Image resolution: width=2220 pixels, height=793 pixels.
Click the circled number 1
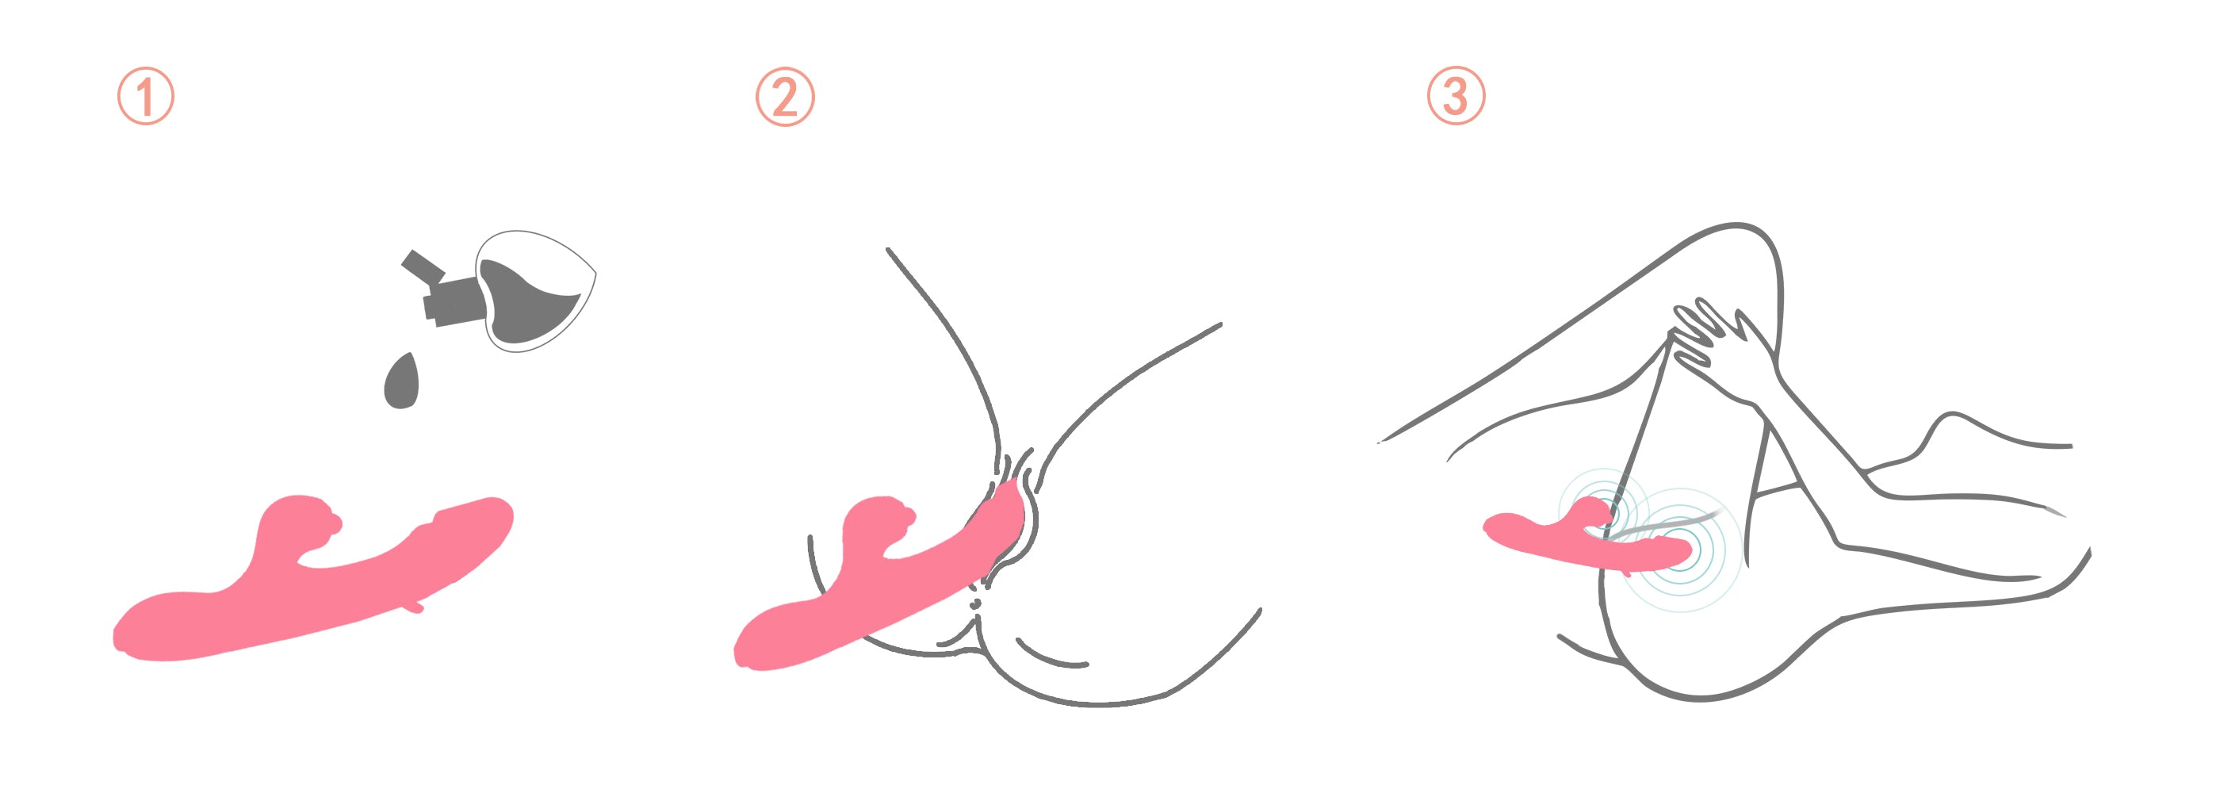[x=146, y=96]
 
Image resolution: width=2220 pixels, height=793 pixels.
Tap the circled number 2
[x=785, y=97]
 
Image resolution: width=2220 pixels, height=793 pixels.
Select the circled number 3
[x=1456, y=96]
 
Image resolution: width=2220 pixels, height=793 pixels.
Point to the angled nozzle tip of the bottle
[x=420, y=265]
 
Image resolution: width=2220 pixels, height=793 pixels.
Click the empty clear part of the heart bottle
[x=552, y=259]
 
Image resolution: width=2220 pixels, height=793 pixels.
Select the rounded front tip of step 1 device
[x=495, y=517]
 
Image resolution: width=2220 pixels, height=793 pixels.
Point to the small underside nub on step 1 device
[x=415, y=606]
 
